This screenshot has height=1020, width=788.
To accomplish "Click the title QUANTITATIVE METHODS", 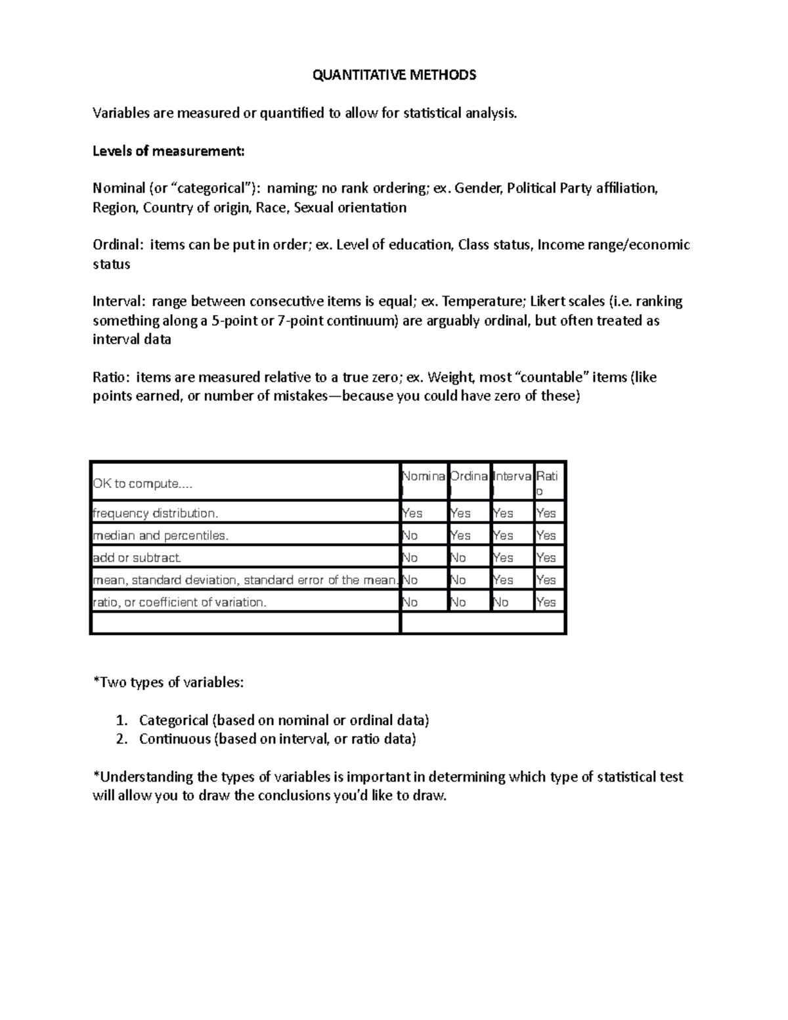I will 394,75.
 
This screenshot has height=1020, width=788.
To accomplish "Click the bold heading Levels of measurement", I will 168,151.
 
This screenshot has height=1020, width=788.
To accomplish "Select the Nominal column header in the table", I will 424,477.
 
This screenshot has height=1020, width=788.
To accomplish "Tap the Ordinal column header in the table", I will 469,477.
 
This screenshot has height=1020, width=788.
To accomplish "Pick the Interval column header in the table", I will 512,477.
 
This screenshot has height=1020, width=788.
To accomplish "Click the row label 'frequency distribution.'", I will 156,513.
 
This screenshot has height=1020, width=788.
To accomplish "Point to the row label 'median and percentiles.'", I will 161,535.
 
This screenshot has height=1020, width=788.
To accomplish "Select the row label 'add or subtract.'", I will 137,558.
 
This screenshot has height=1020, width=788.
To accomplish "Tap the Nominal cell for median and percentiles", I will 410,535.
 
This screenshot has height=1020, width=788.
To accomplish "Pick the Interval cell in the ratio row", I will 500,602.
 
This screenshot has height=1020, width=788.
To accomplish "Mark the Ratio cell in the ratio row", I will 546,602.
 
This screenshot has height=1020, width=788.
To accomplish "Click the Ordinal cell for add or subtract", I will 458,558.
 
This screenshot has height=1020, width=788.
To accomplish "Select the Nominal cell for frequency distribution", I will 412,513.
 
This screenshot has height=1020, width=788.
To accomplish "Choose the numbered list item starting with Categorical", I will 284,720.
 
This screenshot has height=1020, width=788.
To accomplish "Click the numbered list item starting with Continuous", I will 277,739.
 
